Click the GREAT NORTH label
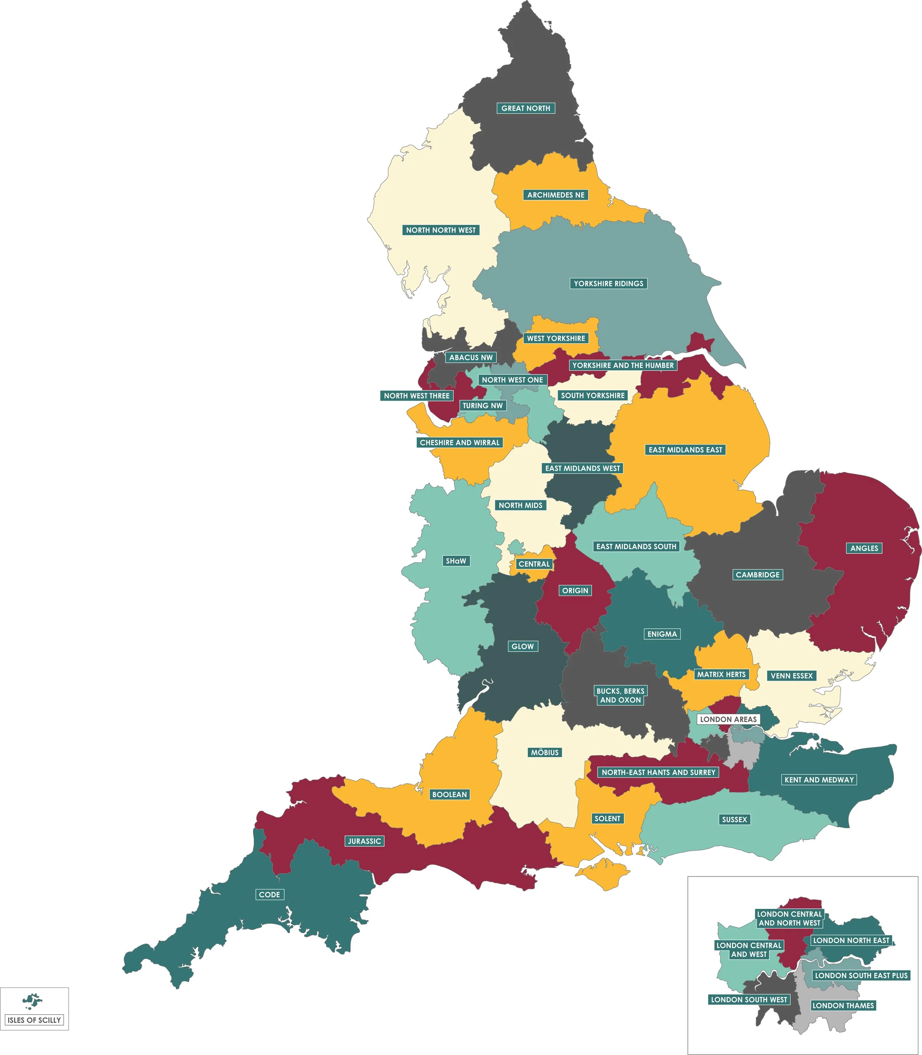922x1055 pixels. (525, 108)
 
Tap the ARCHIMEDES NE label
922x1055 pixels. (556, 194)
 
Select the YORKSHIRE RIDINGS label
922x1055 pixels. (608, 284)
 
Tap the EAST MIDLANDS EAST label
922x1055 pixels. (685, 450)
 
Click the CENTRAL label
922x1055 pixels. (534, 564)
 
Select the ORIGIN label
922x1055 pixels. (575, 590)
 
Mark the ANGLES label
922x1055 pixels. (864, 548)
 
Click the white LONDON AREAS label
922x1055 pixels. (728, 719)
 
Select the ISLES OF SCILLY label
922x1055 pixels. (34, 1020)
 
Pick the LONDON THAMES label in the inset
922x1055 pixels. (843, 1005)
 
